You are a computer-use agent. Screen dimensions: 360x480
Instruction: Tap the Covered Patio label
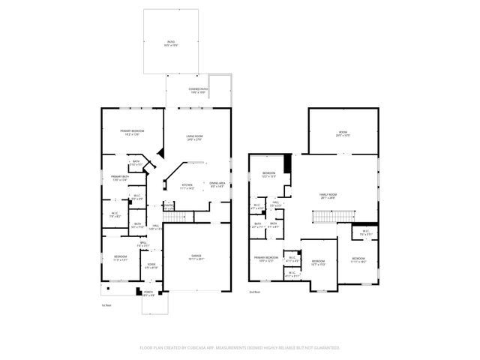198,91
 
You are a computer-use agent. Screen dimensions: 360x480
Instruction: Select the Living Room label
194,137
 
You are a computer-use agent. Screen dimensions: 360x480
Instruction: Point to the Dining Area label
217,185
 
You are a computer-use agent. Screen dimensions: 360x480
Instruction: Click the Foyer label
151,266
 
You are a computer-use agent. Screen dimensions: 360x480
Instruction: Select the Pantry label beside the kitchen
168,206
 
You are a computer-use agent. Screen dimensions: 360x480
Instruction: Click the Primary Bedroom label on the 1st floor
132,133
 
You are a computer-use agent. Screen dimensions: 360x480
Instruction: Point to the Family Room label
328,196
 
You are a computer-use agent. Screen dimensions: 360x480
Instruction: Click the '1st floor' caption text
106,305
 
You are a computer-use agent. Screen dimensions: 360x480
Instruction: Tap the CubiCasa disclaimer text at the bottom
239,348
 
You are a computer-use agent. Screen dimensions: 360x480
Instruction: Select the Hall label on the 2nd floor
276,204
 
